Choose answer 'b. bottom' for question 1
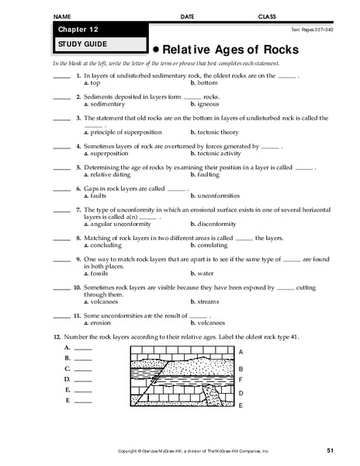pyautogui.click(x=205, y=82)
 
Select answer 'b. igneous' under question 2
pyautogui.click(x=206, y=103)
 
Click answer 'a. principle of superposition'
pyautogui.click(x=126, y=131)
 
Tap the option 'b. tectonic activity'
pyautogui.click(x=217, y=153)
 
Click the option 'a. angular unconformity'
pyautogui.click(x=117, y=224)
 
